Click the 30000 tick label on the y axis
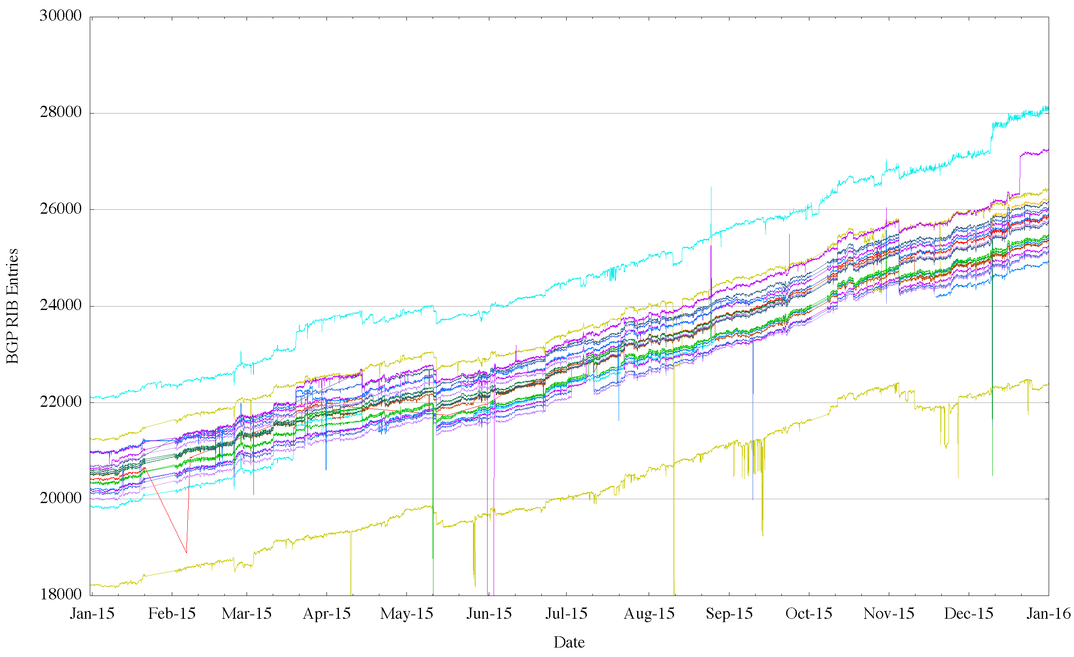click(x=61, y=16)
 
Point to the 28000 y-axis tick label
click(x=61, y=112)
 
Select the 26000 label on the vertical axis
click(x=61, y=209)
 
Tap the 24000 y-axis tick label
click(x=61, y=305)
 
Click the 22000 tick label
click(x=61, y=401)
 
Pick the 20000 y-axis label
click(x=61, y=498)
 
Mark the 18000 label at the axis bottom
click(x=61, y=594)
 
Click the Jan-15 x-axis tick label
click(x=92, y=614)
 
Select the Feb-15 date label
click(x=172, y=614)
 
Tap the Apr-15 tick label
click(x=327, y=614)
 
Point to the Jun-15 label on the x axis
click(x=489, y=614)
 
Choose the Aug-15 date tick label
click(x=649, y=614)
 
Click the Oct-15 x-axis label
click(x=809, y=614)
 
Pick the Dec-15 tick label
click(x=968, y=614)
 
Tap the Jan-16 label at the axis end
click(x=1048, y=614)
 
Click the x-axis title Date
click(x=569, y=643)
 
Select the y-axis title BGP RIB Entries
click(x=12, y=306)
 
